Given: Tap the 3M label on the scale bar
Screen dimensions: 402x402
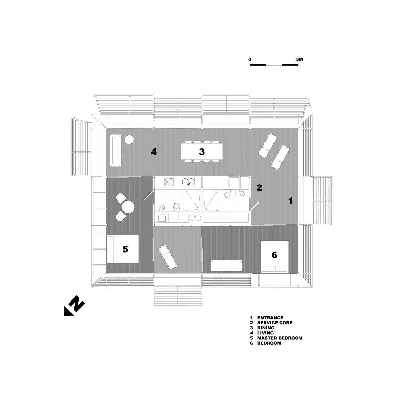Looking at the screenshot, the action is (299, 60).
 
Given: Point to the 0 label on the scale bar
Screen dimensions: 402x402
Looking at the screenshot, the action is (250, 60).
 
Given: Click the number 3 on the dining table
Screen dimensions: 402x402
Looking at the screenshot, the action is (202, 152).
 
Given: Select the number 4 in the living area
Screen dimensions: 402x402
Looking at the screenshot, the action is (154, 152).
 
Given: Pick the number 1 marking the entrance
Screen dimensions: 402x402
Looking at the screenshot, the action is (291, 200).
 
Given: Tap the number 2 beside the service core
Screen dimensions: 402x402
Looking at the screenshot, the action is (259, 187).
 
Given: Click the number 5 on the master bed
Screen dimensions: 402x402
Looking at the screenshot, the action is (125, 249).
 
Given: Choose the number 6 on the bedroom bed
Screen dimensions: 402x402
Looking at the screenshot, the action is (274, 255).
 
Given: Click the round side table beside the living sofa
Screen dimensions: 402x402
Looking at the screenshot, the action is (129, 139).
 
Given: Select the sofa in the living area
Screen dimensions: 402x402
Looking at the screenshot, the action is (115, 150).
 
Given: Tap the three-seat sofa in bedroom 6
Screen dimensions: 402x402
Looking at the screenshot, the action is (227, 266).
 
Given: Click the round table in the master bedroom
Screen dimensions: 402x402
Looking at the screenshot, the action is (128, 207).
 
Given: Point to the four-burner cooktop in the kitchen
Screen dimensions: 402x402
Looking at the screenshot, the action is (169, 182).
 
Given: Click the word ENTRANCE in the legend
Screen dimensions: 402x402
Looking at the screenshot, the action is (270, 318).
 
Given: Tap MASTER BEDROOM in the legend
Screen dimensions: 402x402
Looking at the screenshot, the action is (280, 338).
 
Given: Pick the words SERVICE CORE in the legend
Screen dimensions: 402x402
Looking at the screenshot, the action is (275, 323).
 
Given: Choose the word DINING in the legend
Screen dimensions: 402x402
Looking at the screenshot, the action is (266, 328).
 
